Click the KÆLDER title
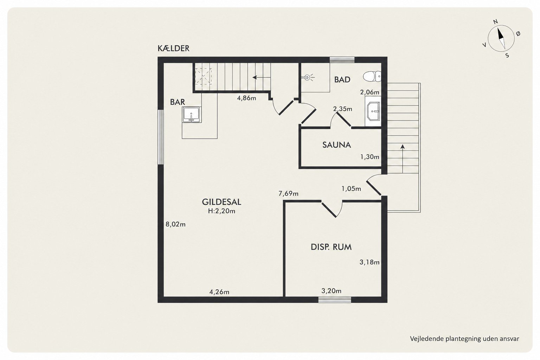click(x=174, y=49)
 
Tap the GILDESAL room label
click(x=221, y=202)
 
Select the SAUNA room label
click(x=336, y=145)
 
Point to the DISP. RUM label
click(x=331, y=247)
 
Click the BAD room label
click(x=342, y=79)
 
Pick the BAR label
click(x=178, y=102)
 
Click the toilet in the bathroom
click(x=372, y=76)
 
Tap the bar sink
click(x=192, y=115)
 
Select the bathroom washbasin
click(x=373, y=111)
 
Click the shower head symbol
click(x=308, y=77)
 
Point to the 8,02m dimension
click(x=175, y=225)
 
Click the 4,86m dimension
click(x=246, y=98)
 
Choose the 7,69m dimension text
click(x=289, y=193)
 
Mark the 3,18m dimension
click(x=369, y=262)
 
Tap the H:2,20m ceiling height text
click(x=221, y=211)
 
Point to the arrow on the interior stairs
click(x=261, y=77)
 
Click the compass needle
click(x=501, y=39)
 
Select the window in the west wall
click(x=161, y=137)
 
